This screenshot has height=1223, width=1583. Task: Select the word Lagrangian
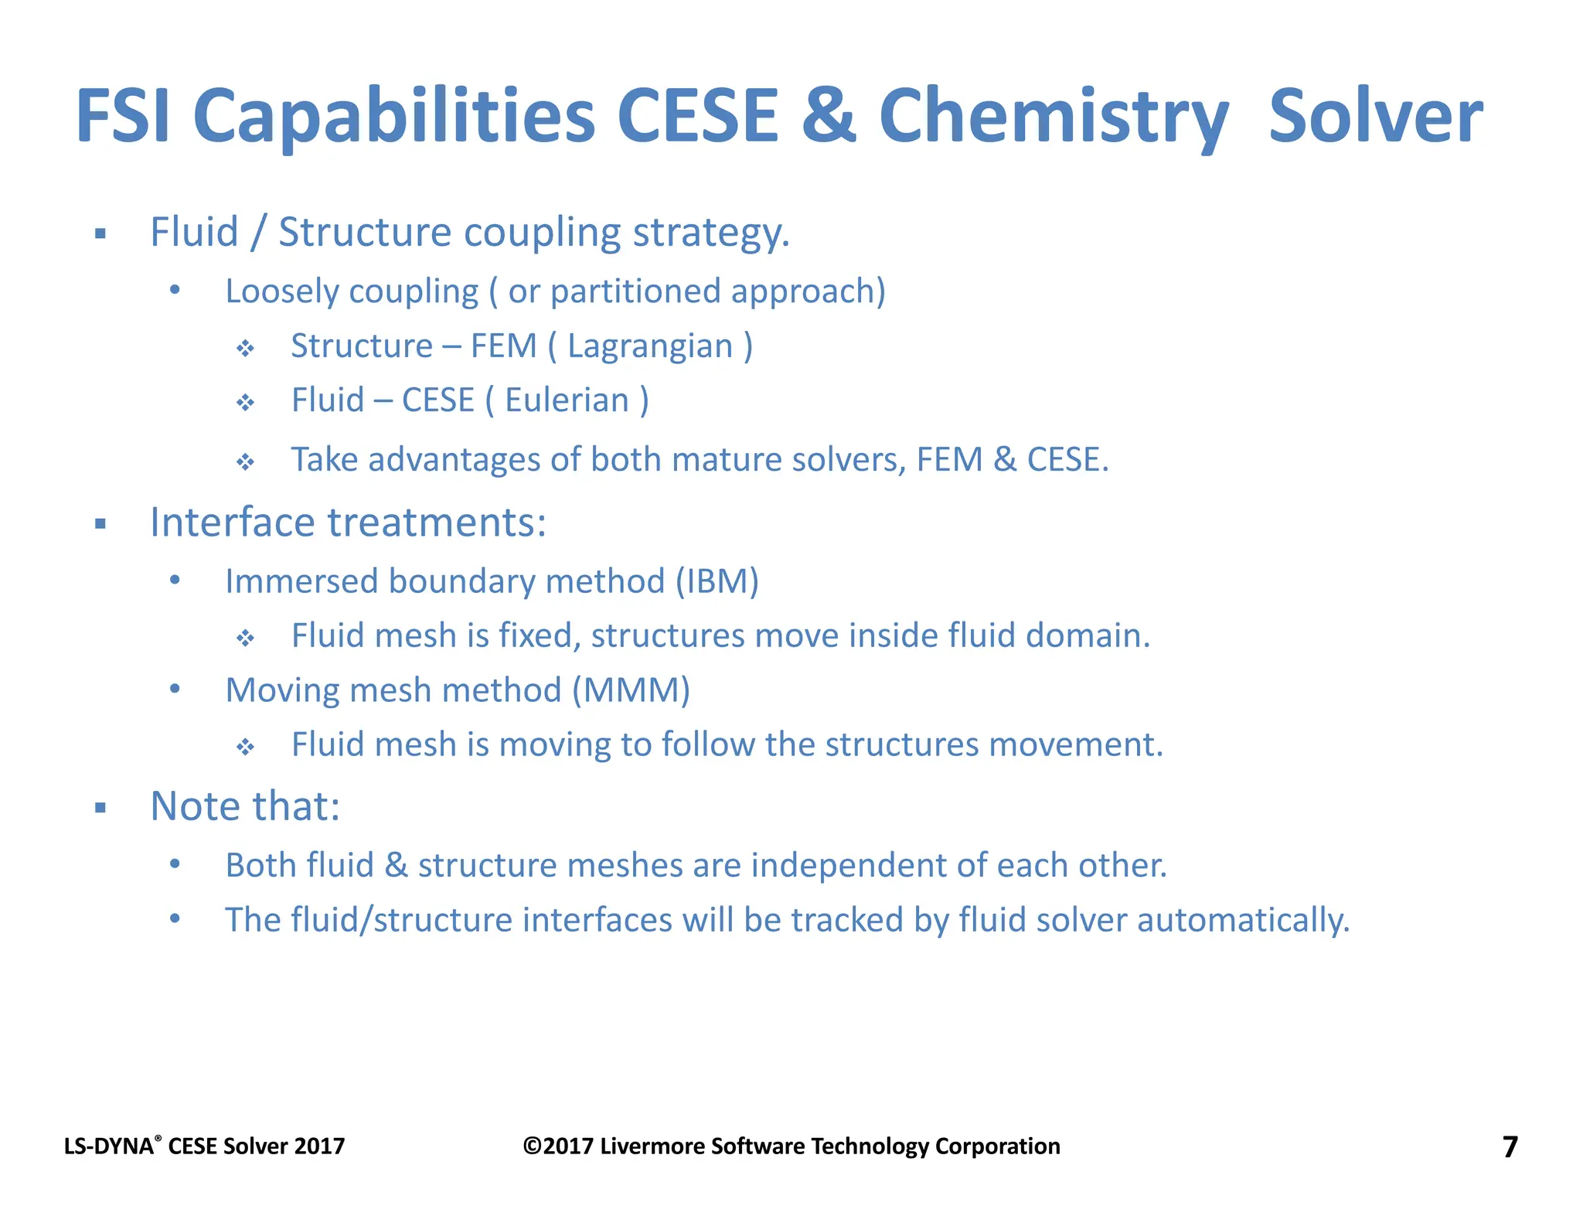coord(650,346)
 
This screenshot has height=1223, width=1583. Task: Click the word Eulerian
coord(567,400)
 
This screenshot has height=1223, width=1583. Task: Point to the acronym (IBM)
coord(717,581)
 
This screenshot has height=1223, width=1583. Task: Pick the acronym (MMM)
coord(631,690)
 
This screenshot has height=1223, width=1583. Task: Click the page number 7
coord(1510,1146)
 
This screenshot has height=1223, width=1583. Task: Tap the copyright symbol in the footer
coord(532,1146)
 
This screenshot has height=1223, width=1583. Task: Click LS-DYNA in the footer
coord(108,1146)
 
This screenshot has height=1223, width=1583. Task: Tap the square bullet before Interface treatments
coord(100,524)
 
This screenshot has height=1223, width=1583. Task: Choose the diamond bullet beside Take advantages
coord(245,462)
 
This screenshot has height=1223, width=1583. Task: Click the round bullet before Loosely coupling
coord(175,290)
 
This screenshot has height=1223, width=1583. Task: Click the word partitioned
coord(635,292)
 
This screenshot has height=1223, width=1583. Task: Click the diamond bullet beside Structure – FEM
coord(245,349)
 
